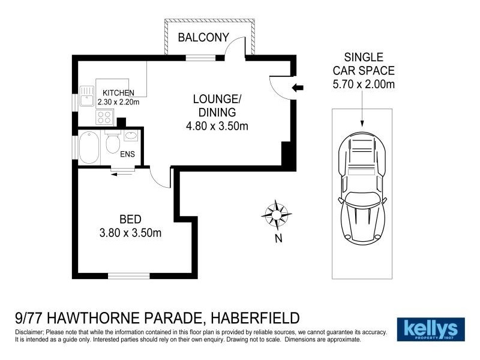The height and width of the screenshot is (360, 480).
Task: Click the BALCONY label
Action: point(203,38)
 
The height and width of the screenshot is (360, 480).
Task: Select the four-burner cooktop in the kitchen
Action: point(104,116)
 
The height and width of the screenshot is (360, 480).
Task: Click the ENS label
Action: point(127,155)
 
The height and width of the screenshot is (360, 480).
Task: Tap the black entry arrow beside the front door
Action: point(297,88)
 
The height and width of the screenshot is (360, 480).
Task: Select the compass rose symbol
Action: point(277,214)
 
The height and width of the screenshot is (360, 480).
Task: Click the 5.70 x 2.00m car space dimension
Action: point(364,84)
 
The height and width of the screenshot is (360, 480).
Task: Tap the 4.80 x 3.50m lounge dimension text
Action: point(217,126)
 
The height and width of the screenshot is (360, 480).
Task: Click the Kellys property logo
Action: point(431,329)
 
